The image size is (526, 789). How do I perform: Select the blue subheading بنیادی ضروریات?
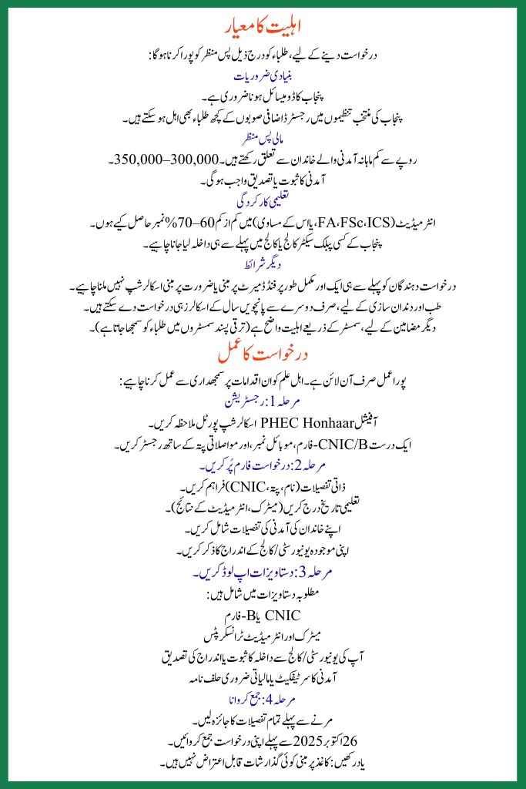[x=263, y=78]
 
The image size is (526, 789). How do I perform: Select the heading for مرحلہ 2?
[x=263, y=468]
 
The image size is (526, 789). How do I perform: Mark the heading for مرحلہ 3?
[x=263, y=574]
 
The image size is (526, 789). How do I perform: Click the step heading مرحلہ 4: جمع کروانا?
[x=263, y=700]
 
